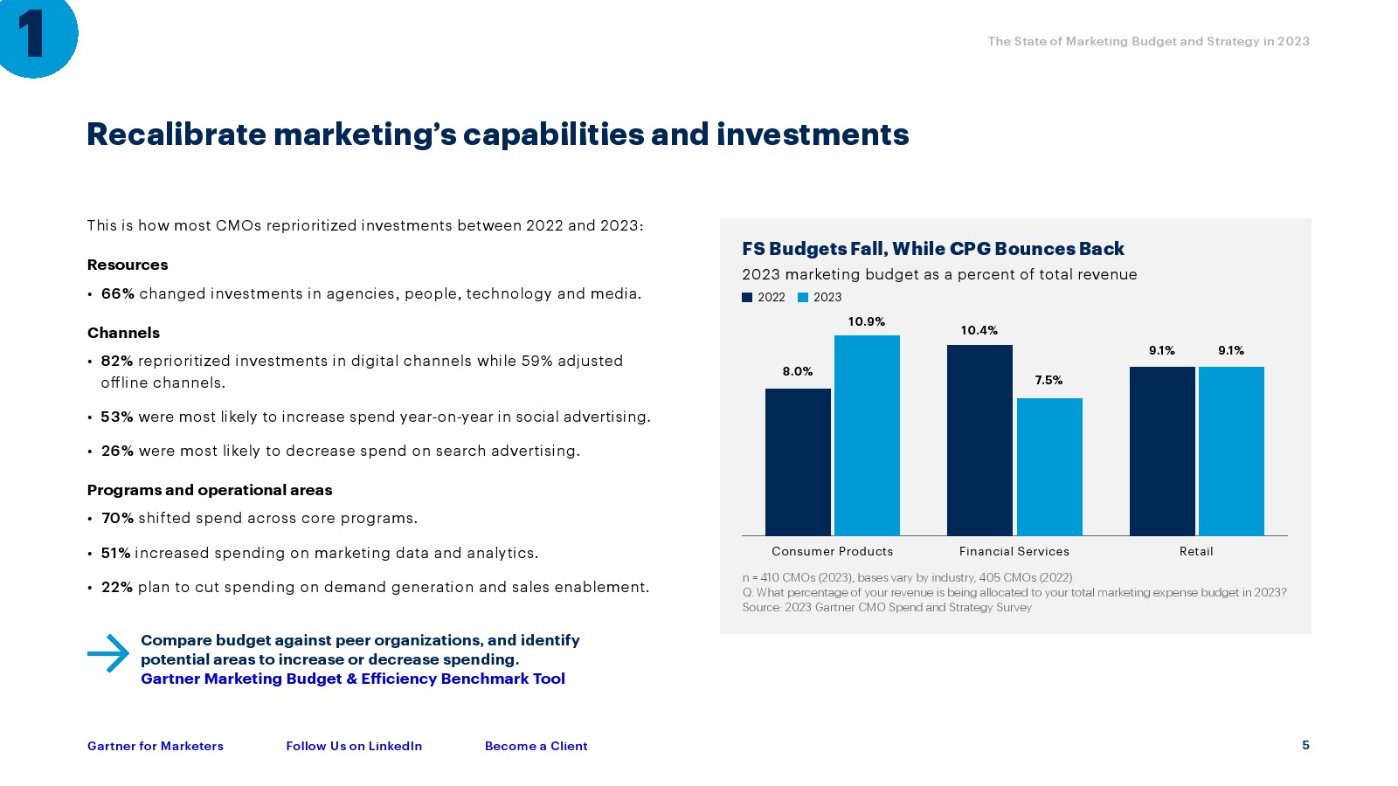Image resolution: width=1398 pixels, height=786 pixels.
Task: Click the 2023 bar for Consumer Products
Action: [867, 435]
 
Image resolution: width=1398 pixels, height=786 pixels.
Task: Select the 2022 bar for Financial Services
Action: [979, 439]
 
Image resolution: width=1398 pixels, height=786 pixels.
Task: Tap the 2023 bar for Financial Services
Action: [1049, 466]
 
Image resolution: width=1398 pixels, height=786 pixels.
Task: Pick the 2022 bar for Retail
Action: [1162, 451]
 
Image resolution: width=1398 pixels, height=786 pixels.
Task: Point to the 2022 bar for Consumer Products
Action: [798, 461]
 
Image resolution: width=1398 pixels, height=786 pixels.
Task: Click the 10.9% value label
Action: [867, 322]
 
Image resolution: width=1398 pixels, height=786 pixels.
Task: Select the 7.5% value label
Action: [1048, 381]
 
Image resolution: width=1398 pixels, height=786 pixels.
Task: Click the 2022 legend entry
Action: [764, 298]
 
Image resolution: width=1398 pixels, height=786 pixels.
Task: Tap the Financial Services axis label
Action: [1014, 552]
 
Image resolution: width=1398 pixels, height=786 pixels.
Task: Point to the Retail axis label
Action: [1196, 552]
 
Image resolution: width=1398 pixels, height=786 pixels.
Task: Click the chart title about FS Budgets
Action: [932, 249]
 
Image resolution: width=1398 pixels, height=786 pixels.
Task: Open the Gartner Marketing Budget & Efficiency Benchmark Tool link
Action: [353, 679]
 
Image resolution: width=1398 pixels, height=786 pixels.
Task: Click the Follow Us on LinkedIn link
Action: [354, 746]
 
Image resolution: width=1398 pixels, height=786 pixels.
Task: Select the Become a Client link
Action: [536, 746]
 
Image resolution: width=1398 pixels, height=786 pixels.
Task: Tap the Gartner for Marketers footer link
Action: [156, 746]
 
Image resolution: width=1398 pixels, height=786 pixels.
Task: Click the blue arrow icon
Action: [108, 652]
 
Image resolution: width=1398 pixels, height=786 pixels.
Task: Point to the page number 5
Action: [1305, 745]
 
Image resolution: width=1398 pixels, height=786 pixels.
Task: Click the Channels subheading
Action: [123, 333]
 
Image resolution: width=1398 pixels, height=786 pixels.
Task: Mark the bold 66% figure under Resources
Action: [118, 294]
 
